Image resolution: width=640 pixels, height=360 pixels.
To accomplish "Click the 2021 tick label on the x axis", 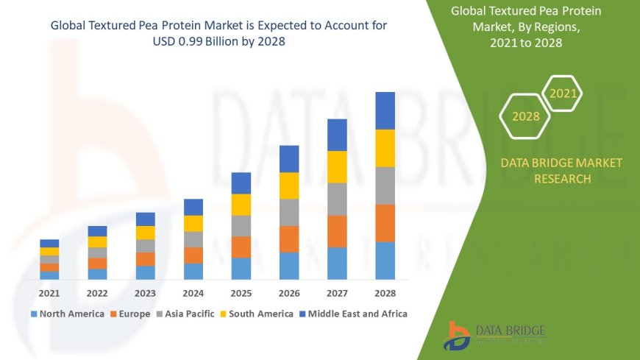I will tap(49, 293).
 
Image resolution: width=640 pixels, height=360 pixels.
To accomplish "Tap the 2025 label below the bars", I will tap(241, 293).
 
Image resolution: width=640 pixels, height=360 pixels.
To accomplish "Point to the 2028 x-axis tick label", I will tap(385, 293).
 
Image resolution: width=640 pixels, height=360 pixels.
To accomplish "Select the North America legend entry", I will tap(67, 314).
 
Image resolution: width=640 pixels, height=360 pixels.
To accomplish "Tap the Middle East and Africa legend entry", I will tap(353, 314).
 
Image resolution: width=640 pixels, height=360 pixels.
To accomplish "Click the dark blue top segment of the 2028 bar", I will tap(385, 110).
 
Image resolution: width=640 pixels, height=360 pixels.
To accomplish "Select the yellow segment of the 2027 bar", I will tap(337, 166).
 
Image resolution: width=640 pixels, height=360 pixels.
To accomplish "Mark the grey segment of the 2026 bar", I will tap(289, 212).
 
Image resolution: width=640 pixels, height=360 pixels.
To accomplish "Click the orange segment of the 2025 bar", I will tap(241, 247).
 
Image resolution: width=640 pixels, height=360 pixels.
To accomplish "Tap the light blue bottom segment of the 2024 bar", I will tap(193, 271).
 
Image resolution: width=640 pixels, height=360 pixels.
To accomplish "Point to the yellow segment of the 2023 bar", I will tap(146, 233).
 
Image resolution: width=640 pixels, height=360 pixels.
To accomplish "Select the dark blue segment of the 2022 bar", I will tap(97, 231).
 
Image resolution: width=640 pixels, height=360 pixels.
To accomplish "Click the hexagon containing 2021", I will tap(563, 93).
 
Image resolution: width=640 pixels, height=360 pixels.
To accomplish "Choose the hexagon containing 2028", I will tap(525, 116).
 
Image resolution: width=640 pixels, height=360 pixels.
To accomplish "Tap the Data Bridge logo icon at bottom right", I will tap(457, 336).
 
